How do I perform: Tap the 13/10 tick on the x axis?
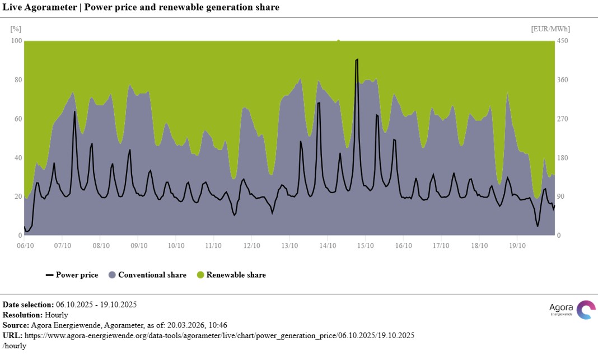(x=289, y=245)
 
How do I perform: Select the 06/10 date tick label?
(x=25, y=245)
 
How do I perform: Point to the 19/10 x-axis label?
(x=516, y=245)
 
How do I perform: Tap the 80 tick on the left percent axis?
(x=18, y=80)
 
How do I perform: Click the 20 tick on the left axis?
(x=18, y=197)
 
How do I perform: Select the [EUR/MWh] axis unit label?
(x=550, y=29)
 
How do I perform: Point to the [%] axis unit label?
(x=16, y=29)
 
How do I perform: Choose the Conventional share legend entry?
(x=147, y=275)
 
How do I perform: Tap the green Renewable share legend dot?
(x=200, y=275)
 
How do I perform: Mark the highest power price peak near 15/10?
(x=357, y=59)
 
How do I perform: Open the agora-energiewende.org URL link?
(x=219, y=335)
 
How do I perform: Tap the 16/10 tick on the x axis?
(x=403, y=245)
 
